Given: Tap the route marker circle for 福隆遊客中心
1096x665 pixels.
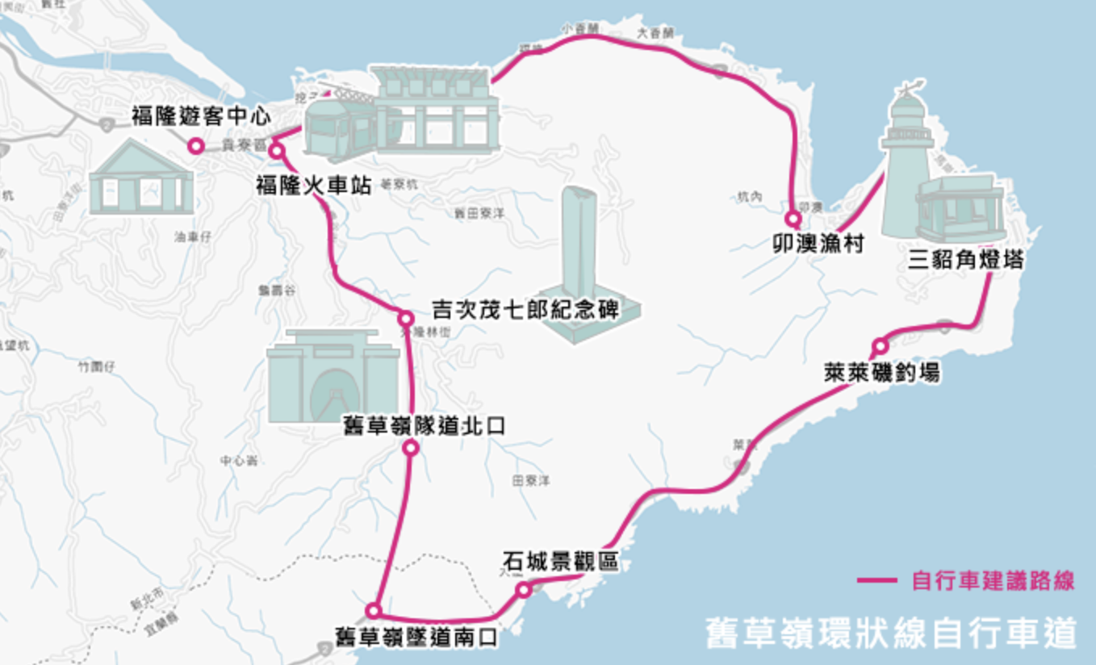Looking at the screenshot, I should point(195,146).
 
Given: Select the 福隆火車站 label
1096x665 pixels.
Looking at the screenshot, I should point(314,185).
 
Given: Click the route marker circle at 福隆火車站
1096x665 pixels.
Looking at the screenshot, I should point(277,151).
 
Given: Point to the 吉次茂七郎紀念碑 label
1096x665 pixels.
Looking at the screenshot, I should point(525,310).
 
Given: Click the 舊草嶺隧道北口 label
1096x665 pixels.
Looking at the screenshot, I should point(425,425).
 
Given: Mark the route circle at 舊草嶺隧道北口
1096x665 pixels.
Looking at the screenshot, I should point(411,448).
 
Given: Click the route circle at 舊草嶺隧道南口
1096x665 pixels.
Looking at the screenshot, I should point(373,610).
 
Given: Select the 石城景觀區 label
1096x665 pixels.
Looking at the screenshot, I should point(561,561).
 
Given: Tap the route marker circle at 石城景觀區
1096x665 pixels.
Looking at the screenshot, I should point(524,590).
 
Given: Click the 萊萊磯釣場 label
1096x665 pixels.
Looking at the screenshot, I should point(881,372).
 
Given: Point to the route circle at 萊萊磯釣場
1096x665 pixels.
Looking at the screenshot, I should point(880,347).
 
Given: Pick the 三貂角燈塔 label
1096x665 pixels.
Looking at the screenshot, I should point(966,260).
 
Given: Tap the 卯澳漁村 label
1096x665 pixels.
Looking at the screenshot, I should point(818,243).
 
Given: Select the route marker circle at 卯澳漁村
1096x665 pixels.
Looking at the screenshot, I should point(793,219).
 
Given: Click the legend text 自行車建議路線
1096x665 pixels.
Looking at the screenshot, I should point(993,580).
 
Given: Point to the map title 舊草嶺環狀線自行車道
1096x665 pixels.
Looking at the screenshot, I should point(890,632).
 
